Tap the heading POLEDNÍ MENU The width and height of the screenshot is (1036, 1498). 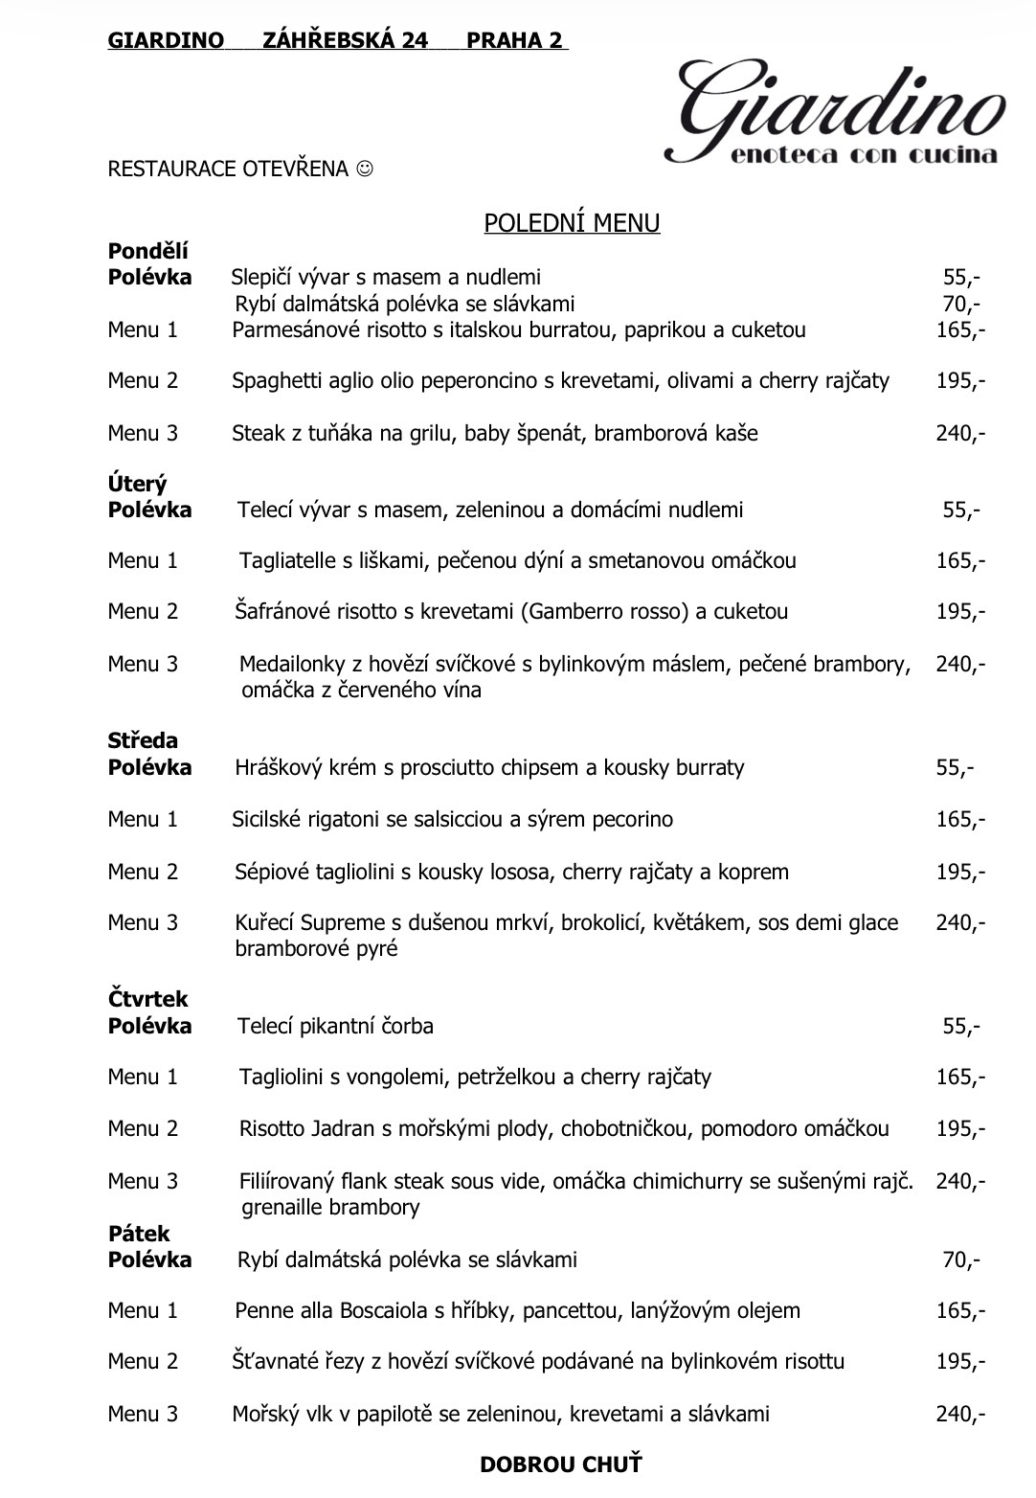(x=572, y=223)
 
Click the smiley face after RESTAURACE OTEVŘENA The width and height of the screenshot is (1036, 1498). (x=365, y=170)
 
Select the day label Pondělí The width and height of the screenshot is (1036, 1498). (x=148, y=252)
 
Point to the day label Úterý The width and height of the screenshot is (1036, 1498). (x=137, y=485)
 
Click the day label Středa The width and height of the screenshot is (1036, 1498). (x=143, y=740)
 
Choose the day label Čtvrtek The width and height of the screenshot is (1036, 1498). (x=148, y=999)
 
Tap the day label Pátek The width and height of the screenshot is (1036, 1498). (x=139, y=1234)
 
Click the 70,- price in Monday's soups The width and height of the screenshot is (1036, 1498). (x=961, y=305)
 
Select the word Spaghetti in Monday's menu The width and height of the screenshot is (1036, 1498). (x=274, y=381)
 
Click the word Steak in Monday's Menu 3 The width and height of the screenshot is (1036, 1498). (x=258, y=433)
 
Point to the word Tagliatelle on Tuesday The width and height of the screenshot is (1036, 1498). (x=284, y=560)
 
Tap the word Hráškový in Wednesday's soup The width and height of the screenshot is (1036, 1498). (x=276, y=767)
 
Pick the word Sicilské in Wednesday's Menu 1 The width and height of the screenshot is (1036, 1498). (x=268, y=819)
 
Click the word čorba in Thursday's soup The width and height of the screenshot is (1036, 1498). (x=409, y=1026)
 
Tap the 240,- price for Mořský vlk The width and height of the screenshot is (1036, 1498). (x=960, y=1414)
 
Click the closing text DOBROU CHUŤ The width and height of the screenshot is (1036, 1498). (x=561, y=1464)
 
